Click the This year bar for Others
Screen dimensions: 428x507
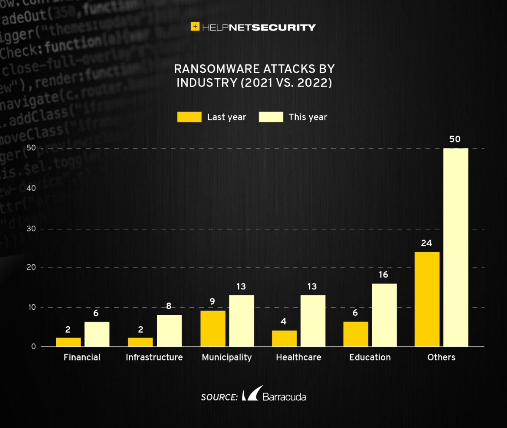(x=455, y=247)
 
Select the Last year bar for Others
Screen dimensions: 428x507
(x=427, y=299)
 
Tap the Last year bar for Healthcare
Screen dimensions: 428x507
(x=284, y=338)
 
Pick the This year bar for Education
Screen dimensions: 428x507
(x=384, y=315)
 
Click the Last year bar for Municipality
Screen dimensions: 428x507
(x=213, y=328)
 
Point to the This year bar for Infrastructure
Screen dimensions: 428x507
(x=169, y=330)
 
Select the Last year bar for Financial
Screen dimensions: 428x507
(x=68, y=342)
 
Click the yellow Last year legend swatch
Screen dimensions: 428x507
(x=189, y=117)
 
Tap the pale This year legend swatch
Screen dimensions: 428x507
(x=271, y=117)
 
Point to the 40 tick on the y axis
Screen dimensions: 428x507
(x=32, y=188)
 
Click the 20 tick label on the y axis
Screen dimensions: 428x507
(x=32, y=267)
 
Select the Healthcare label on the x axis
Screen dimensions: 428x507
(x=298, y=357)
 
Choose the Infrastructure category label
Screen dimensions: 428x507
(x=154, y=357)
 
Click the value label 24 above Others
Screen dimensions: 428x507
(x=426, y=243)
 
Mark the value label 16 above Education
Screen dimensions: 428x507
(x=383, y=275)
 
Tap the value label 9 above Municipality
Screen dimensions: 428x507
(x=212, y=302)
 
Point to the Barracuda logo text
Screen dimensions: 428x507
(x=284, y=397)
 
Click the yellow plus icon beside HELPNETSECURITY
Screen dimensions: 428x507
(x=195, y=27)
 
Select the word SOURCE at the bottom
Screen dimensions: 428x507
(x=219, y=397)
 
